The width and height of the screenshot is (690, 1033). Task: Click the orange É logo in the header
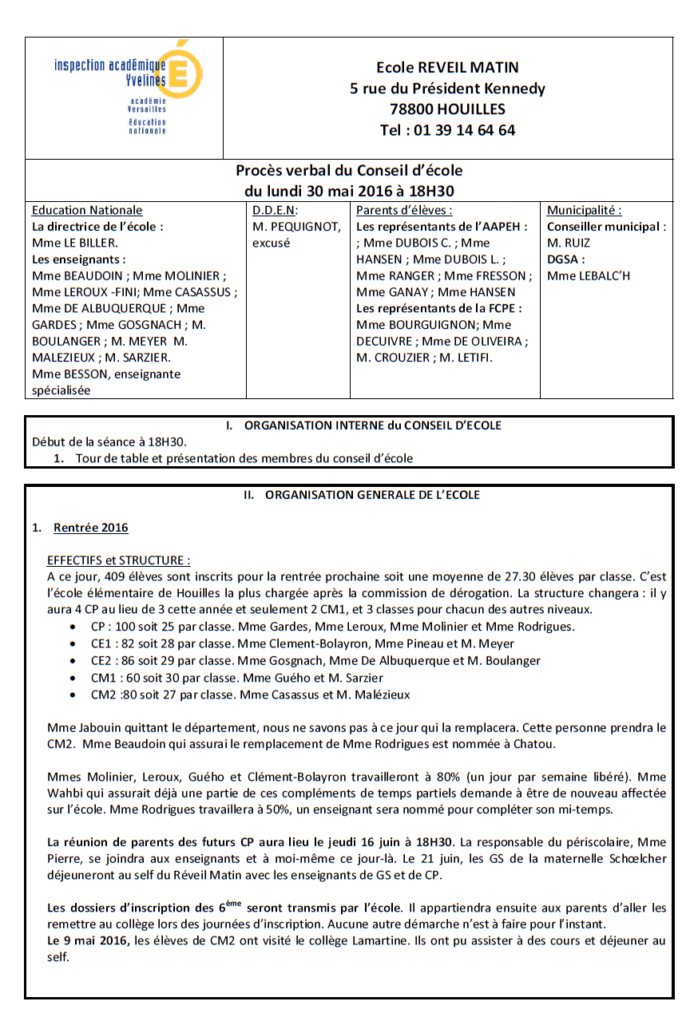click(184, 73)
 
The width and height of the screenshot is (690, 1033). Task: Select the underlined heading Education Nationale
click(87, 211)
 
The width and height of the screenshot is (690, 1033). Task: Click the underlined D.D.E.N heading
click(275, 211)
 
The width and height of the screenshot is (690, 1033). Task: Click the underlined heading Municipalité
click(584, 211)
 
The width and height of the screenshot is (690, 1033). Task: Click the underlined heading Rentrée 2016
click(90, 528)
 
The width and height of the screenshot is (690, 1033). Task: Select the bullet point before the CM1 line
click(74, 679)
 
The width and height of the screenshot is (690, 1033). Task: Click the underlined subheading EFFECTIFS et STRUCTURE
click(118, 560)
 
